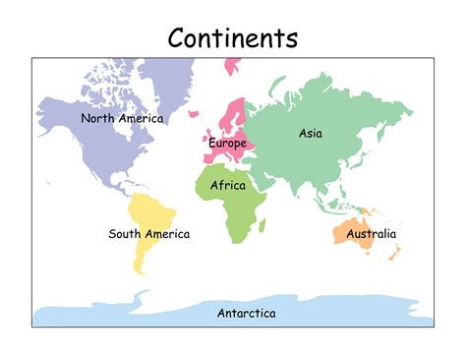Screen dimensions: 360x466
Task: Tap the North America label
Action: coord(122,118)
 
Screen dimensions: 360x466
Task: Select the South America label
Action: coord(149,234)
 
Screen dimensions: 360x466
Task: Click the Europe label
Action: coord(227,144)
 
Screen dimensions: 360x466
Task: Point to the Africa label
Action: coord(228,184)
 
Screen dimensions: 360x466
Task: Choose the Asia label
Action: coord(311,133)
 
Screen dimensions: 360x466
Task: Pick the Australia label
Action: coord(372,234)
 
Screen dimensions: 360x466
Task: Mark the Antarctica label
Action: coord(246,313)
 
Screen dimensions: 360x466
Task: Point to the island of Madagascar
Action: coord(266,225)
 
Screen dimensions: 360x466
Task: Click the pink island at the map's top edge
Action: coord(233,66)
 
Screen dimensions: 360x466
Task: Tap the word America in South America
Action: coord(167,234)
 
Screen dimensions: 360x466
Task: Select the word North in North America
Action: coord(97,118)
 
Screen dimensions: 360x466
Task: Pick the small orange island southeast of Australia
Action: coord(394,253)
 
